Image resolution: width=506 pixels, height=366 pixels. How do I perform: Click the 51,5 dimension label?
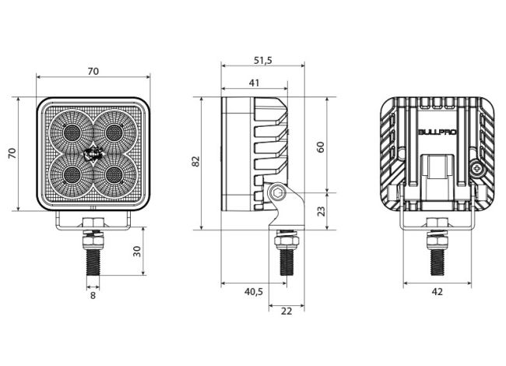[x=263, y=61]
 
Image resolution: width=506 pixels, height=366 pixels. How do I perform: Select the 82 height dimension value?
[x=196, y=161]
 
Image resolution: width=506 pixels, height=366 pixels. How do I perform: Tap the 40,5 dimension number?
[x=254, y=292]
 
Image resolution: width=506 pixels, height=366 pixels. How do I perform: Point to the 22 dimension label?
[x=286, y=311]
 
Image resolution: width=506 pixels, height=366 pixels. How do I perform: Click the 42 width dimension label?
[x=437, y=292]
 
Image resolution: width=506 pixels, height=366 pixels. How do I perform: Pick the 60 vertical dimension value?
[x=321, y=147]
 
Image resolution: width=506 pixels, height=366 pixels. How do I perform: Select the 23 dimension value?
[x=321, y=211]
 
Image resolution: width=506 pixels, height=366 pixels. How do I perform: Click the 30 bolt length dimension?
[x=137, y=251]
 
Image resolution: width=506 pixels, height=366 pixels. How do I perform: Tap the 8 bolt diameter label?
[x=93, y=296]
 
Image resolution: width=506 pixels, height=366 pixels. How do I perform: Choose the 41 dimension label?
[x=254, y=83]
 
